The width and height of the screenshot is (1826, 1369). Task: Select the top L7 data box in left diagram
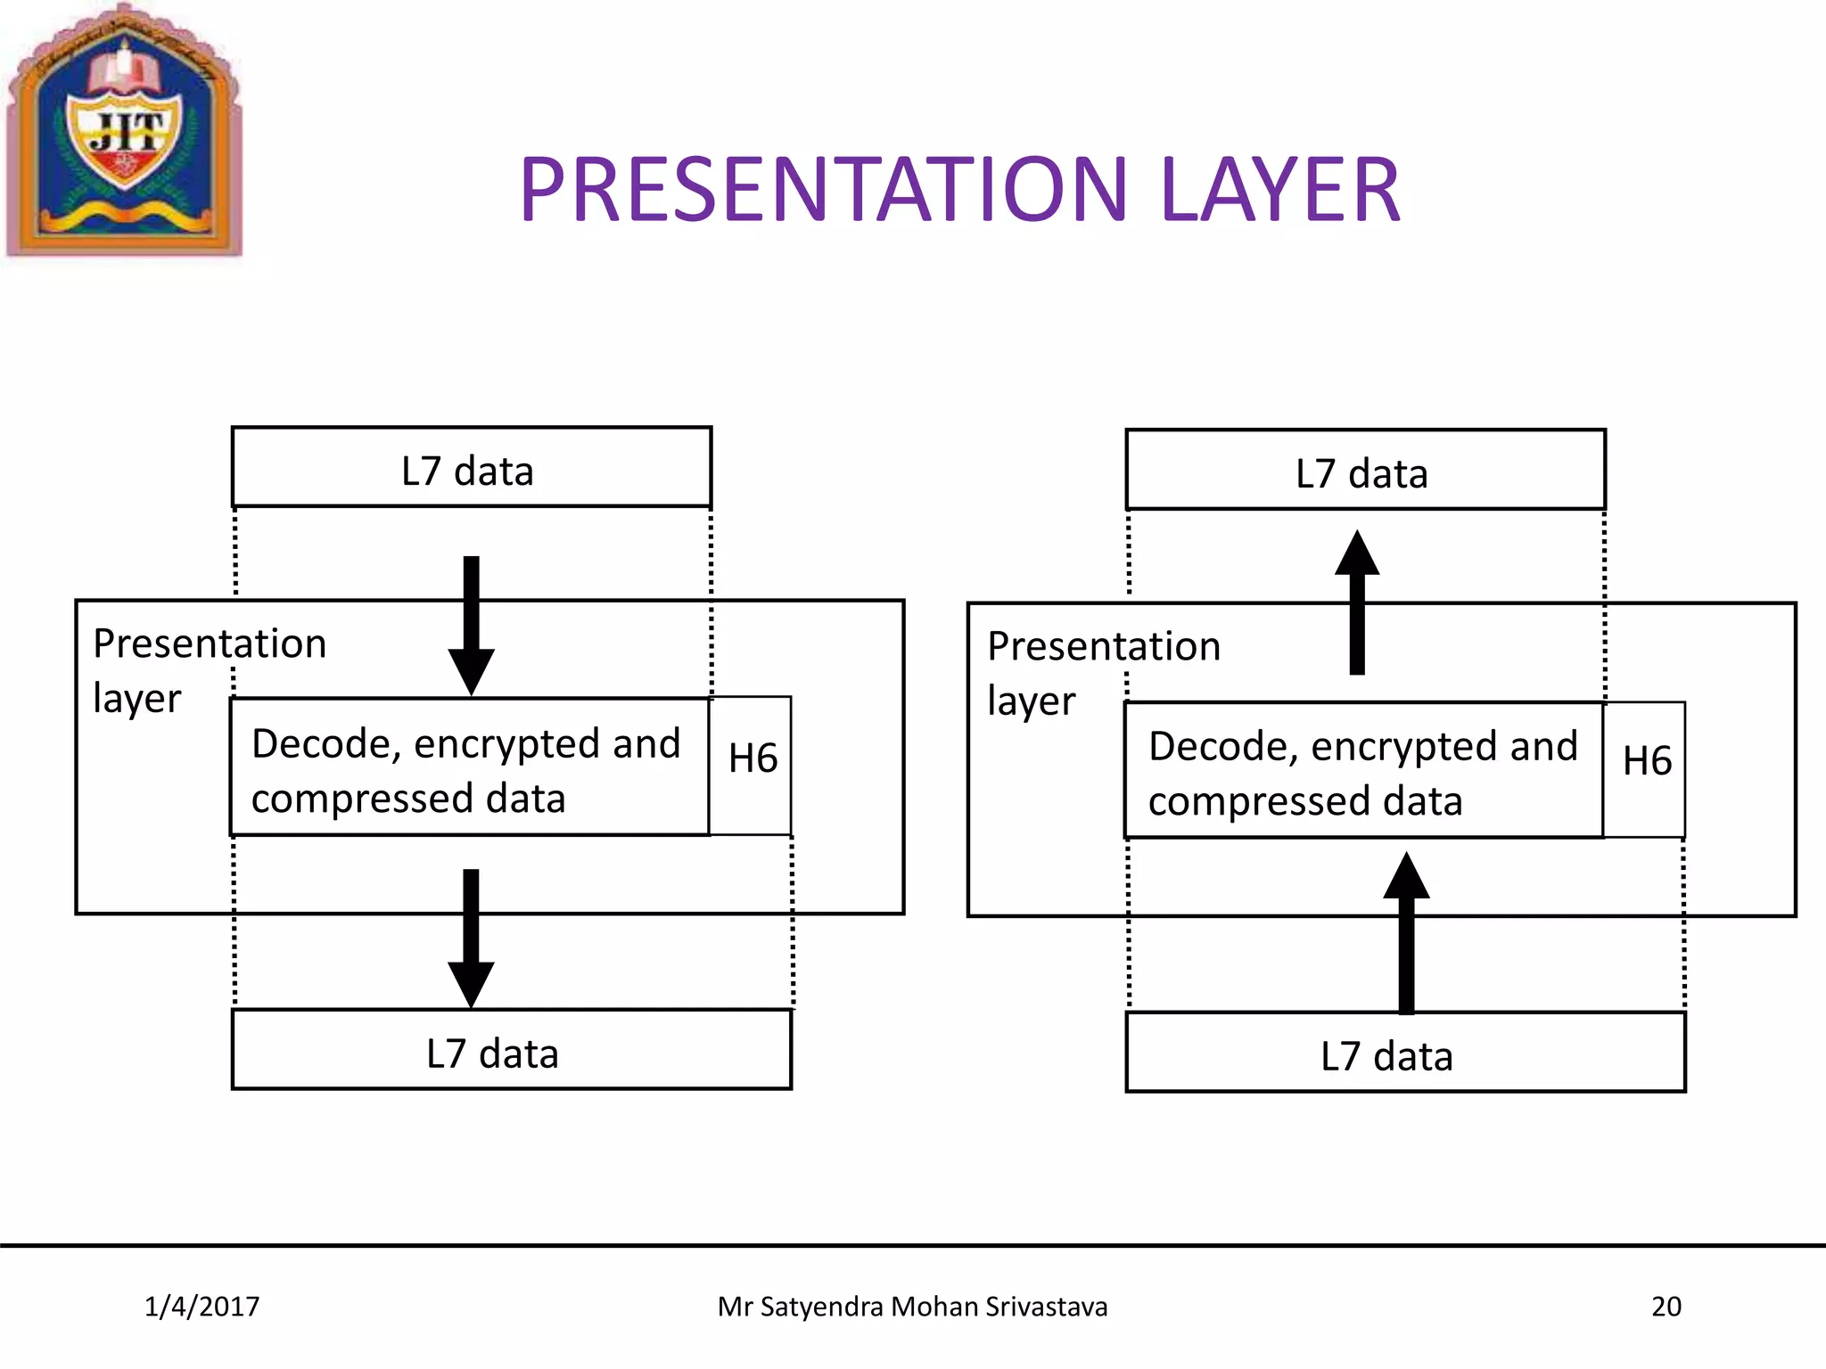[x=471, y=468]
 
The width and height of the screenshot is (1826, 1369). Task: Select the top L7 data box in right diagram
[x=1364, y=471]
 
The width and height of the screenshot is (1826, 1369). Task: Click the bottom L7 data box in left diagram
[x=511, y=1050]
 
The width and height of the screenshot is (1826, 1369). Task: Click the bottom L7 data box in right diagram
[x=1405, y=1053]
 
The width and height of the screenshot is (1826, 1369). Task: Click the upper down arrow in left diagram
[x=472, y=624]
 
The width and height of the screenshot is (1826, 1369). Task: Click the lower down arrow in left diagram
[x=471, y=936]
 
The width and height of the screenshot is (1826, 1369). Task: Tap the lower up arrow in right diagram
[x=1406, y=931]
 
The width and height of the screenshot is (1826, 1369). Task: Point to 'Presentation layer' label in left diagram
[x=209, y=669]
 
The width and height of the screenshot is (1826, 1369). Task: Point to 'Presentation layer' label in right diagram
[x=1103, y=672]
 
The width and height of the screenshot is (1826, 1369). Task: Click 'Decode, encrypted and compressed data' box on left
[x=469, y=768]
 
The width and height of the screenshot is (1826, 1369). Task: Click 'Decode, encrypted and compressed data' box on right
[x=1362, y=771]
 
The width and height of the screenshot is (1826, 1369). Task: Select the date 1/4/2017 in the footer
[x=202, y=1307]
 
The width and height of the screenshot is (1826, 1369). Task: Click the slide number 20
[x=1666, y=1307]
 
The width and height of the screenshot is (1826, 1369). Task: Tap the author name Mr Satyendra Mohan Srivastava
[x=912, y=1307]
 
